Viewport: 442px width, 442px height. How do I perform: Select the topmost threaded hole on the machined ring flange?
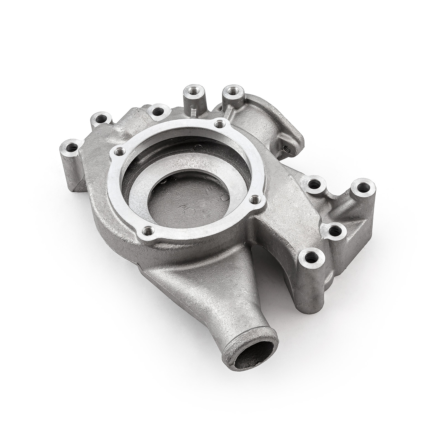pyautogui.click(x=220, y=123)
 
